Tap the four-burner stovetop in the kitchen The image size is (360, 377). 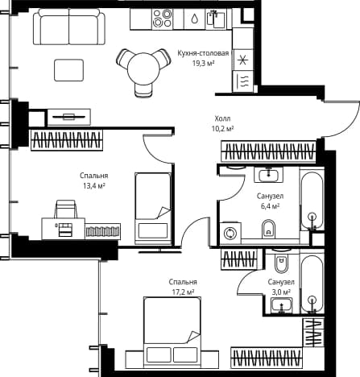[x=162, y=19]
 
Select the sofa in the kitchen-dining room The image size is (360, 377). [x=69, y=27]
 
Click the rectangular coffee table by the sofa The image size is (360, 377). [x=68, y=70]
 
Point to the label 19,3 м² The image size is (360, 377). [x=203, y=64]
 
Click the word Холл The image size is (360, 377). [x=222, y=118]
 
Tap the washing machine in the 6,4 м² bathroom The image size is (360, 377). [x=230, y=233]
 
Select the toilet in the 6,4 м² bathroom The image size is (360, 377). [x=268, y=229]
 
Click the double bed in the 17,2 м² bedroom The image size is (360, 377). [x=172, y=331]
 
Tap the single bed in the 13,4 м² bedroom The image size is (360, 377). [x=153, y=209]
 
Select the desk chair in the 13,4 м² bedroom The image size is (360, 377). [x=66, y=209]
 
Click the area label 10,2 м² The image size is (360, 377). [x=222, y=129]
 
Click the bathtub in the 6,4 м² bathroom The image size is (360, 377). [x=312, y=201]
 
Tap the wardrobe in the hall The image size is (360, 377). [x=268, y=151]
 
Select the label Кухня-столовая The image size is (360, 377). [x=203, y=53]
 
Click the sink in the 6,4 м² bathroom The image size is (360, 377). [x=268, y=175]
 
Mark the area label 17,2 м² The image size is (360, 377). [x=183, y=292]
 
